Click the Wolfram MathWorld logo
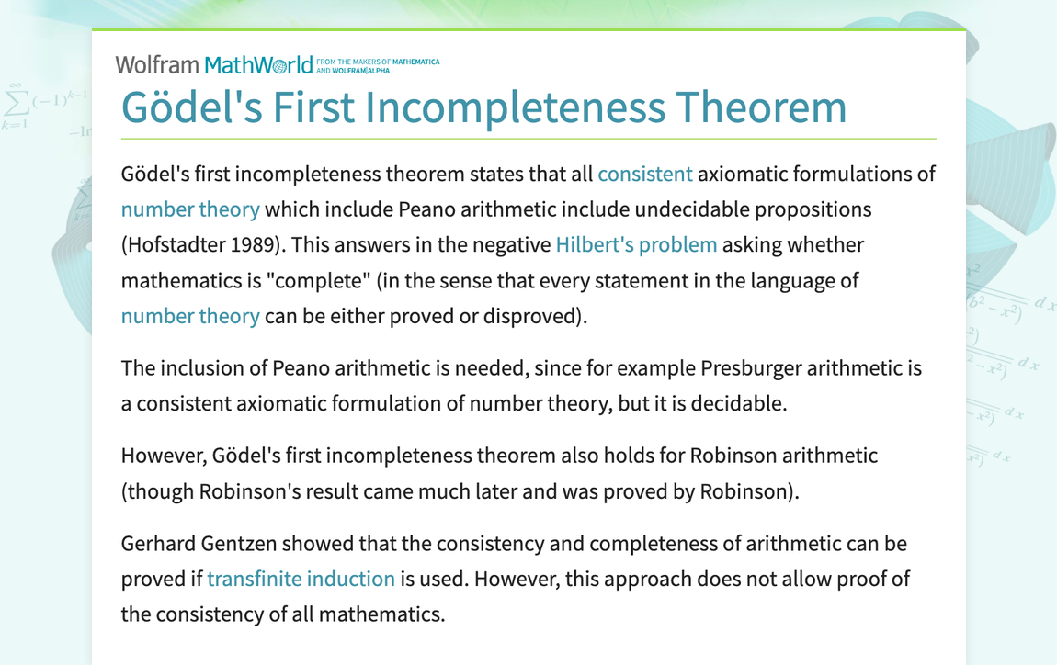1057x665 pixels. tap(213, 64)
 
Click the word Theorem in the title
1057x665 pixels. tap(761, 107)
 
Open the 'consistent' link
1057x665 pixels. tap(645, 174)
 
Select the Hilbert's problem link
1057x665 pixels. tap(636, 244)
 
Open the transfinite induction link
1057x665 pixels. tap(301, 579)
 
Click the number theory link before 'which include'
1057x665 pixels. tap(190, 209)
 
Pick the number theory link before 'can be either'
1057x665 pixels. tap(190, 316)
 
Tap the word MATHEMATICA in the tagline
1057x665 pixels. tap(416, 62)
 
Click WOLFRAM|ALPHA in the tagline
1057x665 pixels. tap(360, 71)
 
